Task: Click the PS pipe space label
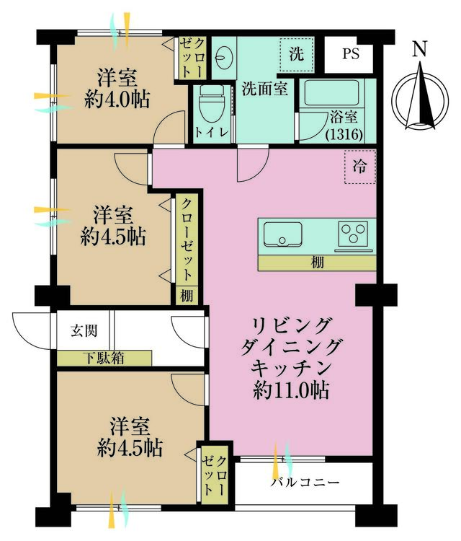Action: click(x=351, y=54)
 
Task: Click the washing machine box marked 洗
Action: click(x=297, y=55)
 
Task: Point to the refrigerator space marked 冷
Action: click(x=359, y=167)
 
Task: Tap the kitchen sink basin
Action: click(x=283, y=234)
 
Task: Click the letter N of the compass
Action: click(x=420, y=48)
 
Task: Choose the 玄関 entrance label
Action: click(x=84, y=330)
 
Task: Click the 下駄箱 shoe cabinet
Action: click(x=104, y=358)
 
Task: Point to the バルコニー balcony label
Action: click(x=305, y=482)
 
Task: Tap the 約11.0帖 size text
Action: click(x=291, y=390)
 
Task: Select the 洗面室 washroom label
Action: click(x=264, y=89)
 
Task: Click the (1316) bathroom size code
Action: click(x=344, y=134)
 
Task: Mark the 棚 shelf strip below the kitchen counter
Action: click(x=317, y=263)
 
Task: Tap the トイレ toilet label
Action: click(x=212, y=132)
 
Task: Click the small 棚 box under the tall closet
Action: click(x=187, y=296)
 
